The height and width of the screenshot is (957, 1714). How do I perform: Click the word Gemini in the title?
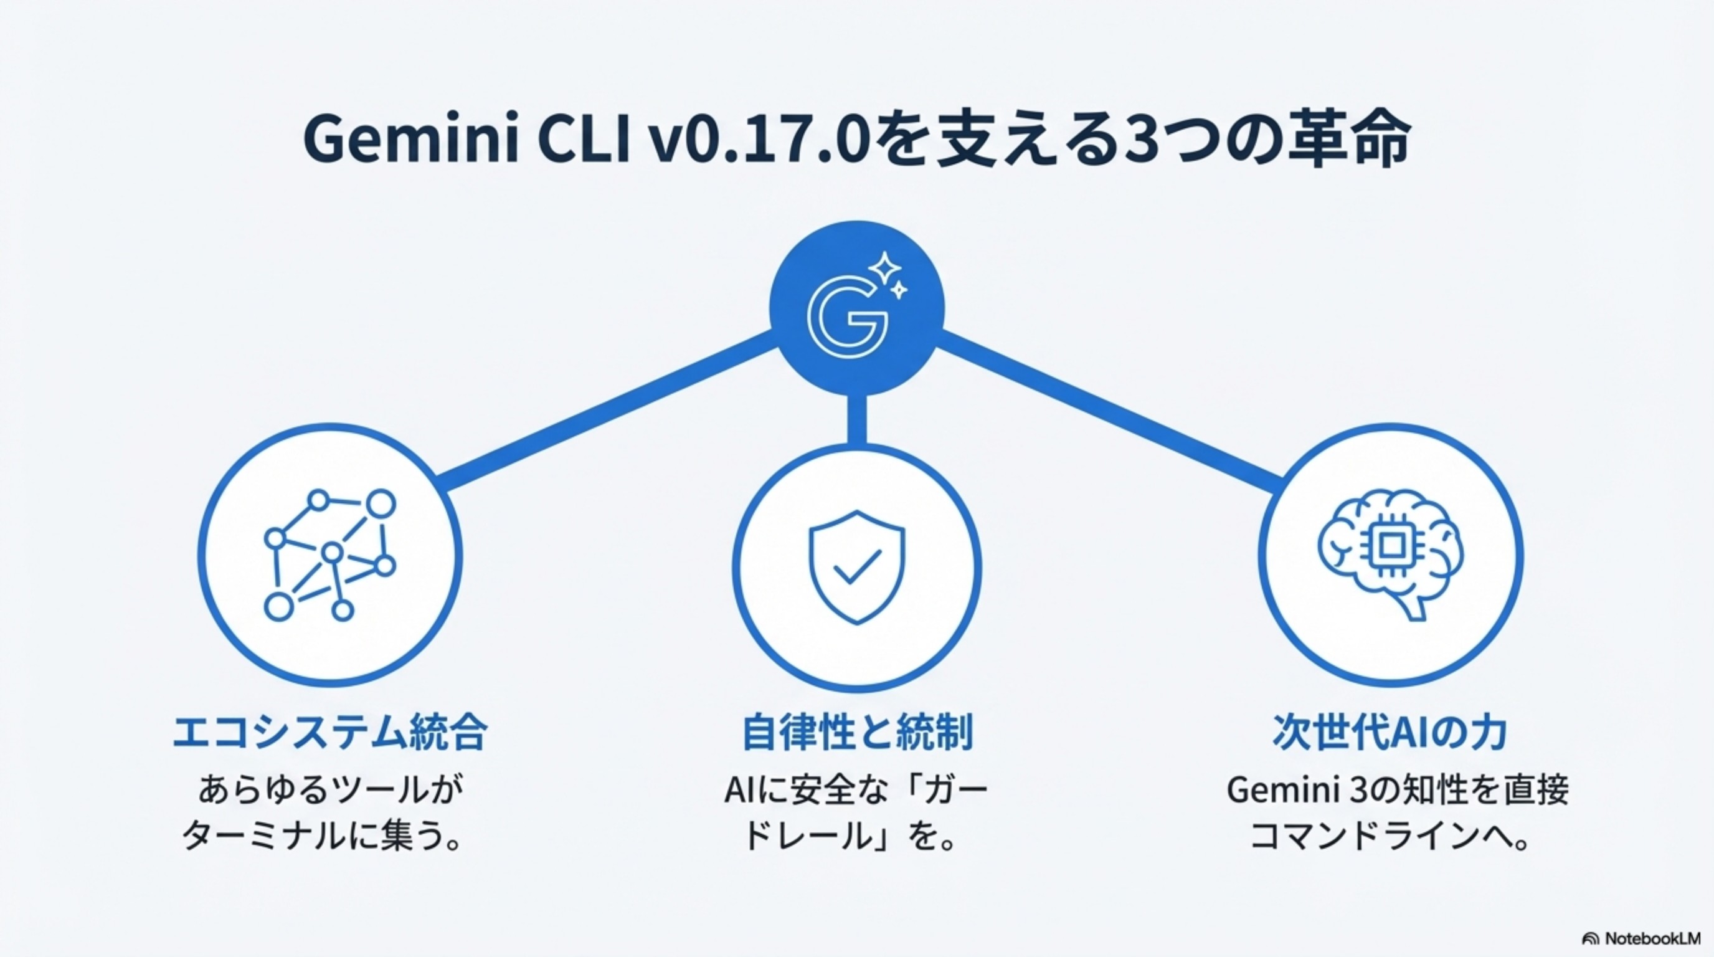(x=410, y=141)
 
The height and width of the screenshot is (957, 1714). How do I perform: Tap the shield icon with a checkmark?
(x=857, y=567)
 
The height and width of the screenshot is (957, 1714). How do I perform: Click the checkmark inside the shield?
(x=857, y=567)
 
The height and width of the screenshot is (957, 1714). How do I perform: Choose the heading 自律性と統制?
(x=857, y=733)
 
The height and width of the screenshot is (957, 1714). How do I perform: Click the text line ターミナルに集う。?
(x=322, y=836)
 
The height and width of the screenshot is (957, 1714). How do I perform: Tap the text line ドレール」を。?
(x=850, y=836)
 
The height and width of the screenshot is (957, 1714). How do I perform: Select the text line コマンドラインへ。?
(x=1390, y=836)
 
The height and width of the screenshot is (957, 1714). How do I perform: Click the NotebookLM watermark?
(x=1647, y=939)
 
